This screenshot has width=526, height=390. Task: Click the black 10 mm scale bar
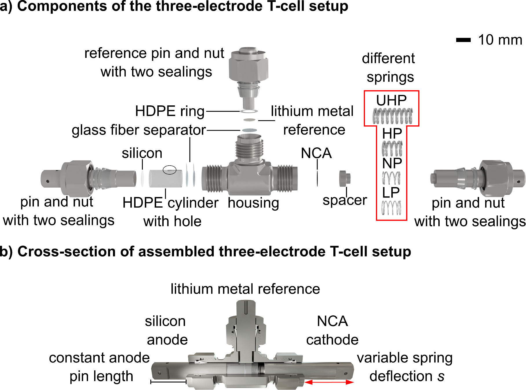(x=463, y=40)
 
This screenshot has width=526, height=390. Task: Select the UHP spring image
(x=392, y=116)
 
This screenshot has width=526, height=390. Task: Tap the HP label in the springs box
(x=392, y=134)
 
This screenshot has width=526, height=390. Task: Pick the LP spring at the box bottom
(x=391, y=208)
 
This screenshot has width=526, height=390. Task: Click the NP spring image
(x=391, y=178)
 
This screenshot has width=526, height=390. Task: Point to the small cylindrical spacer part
(x=345, y=178)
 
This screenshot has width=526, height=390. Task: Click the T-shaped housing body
(x=249, y=177)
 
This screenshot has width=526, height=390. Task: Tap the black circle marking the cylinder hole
(x=169, y=170)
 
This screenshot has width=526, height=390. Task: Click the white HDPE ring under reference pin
(x=249, y=111)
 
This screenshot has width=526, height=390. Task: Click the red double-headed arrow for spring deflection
(x=329, y=382)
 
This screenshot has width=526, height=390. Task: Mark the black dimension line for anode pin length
(x=168, y=382)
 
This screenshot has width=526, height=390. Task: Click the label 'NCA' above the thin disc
(x=316, y=153)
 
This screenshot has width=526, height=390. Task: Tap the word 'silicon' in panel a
(x=142, y=153)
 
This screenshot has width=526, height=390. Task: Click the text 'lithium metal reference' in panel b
(x=245, y=289)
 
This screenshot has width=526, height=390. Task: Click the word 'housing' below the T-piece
(x=253, y=203)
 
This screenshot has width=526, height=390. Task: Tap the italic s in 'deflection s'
(x=441, y=376)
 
